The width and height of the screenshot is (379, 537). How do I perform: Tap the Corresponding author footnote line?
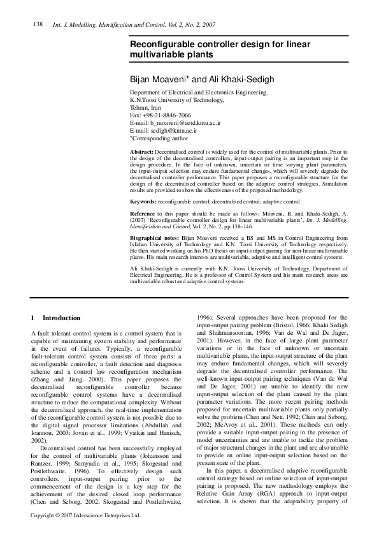pyautogui.click(x=159, y=137)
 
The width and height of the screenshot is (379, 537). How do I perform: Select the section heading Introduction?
pyautogui.click(x=61, y=318)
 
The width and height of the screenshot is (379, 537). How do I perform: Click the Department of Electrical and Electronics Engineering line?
pyautogui.click(x=198, y=93)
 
